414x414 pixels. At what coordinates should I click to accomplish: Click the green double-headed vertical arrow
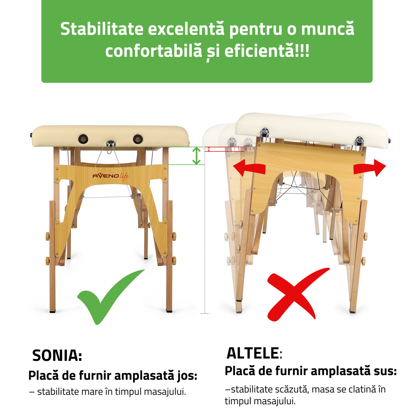click(x=196, y=156)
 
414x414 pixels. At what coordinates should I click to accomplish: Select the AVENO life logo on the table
click(x=111, y=176)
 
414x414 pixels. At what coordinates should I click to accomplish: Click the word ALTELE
click(x=252, y=353)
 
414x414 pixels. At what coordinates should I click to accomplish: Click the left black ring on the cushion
click(x=83, y=139)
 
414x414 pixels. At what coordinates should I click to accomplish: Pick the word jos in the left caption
click(x=187, y=375)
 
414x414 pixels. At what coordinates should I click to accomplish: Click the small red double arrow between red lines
click(x=209, y=149)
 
